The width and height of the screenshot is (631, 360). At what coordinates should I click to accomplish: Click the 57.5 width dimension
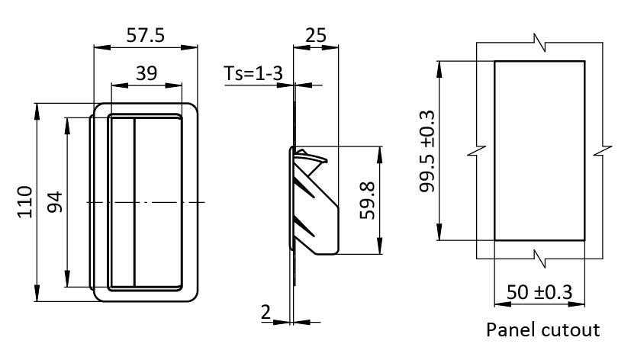click(144, 35)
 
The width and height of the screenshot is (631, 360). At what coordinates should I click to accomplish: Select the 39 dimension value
click(146, 73)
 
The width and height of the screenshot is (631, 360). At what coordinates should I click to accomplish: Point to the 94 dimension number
click(56, 202)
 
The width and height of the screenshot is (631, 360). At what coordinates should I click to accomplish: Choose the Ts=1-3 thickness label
click(254, 73)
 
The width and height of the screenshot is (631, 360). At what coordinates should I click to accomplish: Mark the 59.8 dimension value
click(367, 201)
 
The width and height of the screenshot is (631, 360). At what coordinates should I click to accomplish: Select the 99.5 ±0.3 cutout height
click(427, 150)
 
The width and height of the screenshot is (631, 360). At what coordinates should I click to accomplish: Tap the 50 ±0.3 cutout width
click(540, 293)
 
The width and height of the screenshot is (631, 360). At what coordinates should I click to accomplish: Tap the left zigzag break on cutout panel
click(477, 150)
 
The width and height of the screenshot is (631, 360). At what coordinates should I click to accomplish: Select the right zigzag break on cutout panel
click(603, 150)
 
